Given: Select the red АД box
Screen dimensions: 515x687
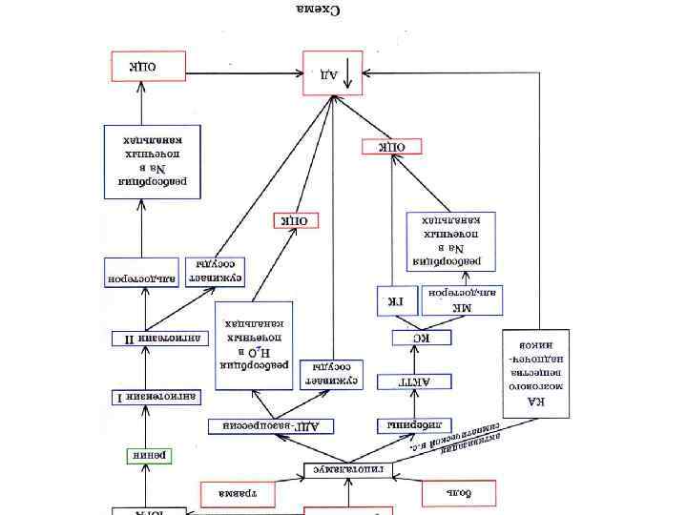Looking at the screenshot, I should pyautogui.click(x=333, y=72).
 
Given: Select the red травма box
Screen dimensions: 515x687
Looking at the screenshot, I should pyautogui.click(x=237, y=493).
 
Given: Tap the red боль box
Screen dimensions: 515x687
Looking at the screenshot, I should pyautogui.click(x=460, y=493).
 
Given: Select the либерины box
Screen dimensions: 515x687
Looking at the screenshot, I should pyautogui.click(x=413, y=424).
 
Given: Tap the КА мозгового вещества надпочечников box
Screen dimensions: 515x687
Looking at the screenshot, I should pyautogui.click(x=536, y=375).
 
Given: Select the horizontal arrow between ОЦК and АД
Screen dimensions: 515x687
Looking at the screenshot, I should pyautogui.click(x=243, y=72).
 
